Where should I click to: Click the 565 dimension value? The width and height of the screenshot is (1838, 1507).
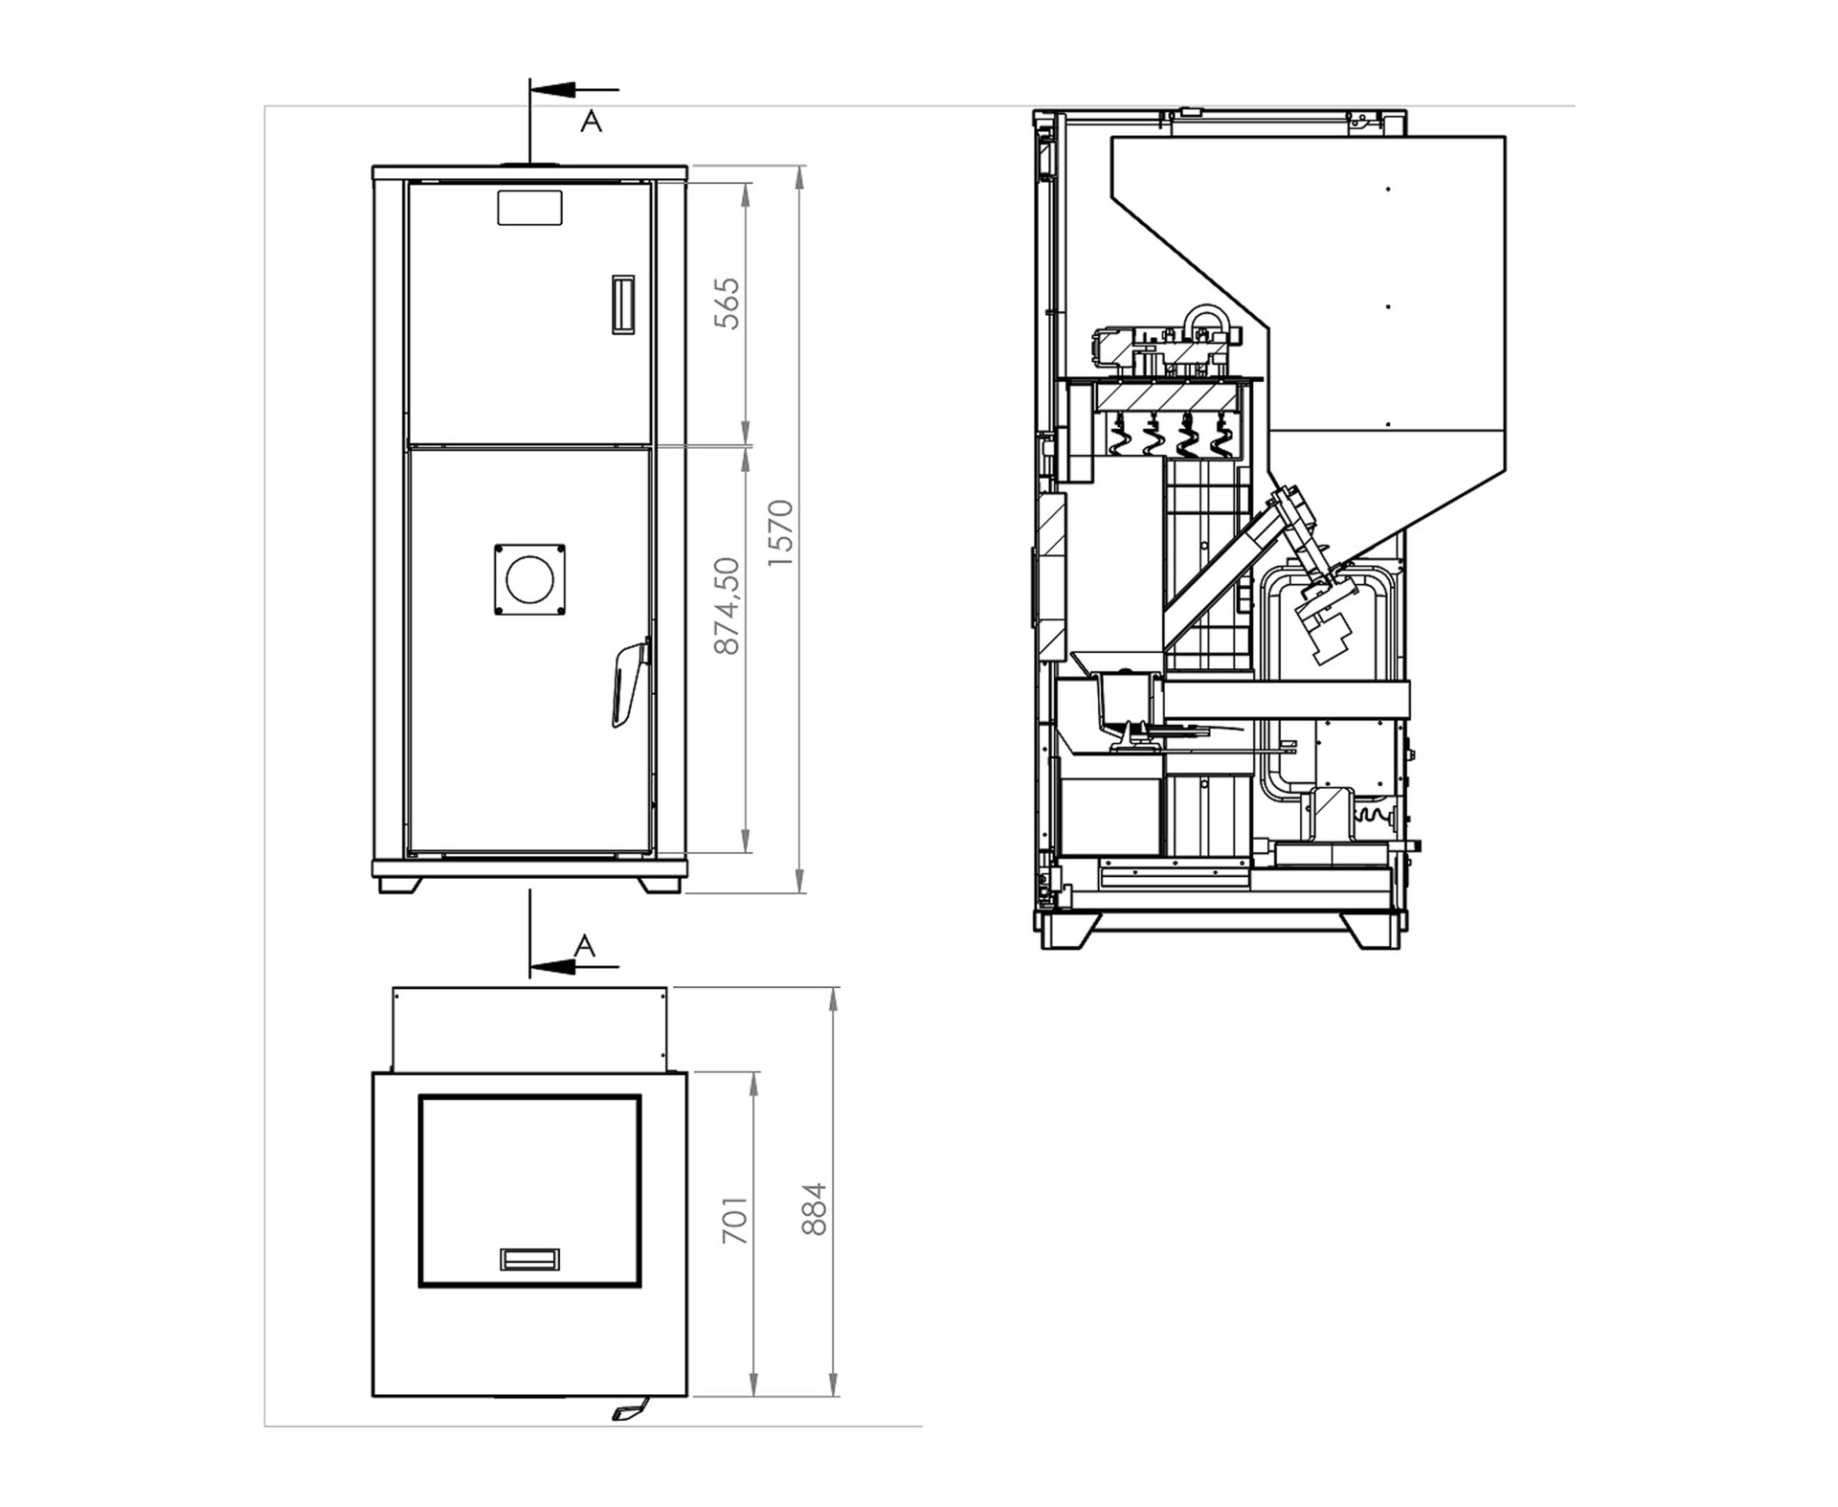pos(728,304)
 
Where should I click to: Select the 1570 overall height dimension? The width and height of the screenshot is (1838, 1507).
pos(781,533)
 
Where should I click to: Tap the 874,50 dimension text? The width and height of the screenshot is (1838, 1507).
pos(728,606)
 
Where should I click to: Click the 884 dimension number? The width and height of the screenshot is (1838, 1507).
pos(814,1208)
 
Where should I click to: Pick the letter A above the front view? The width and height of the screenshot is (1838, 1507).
pos(592,122)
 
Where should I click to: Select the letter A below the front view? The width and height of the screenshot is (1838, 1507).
pos(585,946)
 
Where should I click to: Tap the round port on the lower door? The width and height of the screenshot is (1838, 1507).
pos(529,579)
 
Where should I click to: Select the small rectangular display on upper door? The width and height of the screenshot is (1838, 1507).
pos(529,207)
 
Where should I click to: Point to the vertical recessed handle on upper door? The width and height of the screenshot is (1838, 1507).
pos(623,304)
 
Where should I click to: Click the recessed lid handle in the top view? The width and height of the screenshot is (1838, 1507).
pos(529,1259)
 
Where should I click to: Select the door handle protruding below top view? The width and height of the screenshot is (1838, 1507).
pos(630,1410)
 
